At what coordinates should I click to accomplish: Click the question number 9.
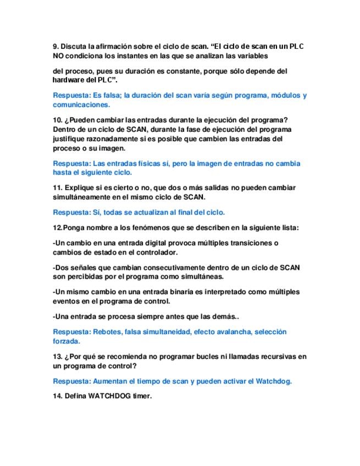point(56,47)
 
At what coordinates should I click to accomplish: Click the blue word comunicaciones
point(81,104)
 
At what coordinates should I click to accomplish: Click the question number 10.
point(58,120)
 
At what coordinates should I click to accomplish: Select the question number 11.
point(58,187)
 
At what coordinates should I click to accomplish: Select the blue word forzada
point(67,341)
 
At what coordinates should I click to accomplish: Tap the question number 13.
point(58,357)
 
